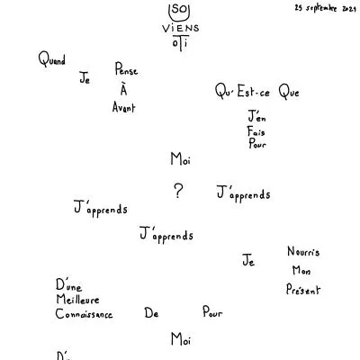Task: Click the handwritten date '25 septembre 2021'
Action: coord(325,8)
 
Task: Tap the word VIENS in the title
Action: coord(181,28)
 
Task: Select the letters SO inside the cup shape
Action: coord(179,9)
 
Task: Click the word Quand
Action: coord(52,58)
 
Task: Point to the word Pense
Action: coord(126,68)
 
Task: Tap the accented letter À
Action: coord(123,89)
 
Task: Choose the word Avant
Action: coord(124,107)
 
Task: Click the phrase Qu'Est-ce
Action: coord(242,91)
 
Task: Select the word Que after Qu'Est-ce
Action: coord(289,91)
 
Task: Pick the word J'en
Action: coord(256,116)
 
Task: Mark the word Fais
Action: coord(256,131)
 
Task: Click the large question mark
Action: coord(178,191)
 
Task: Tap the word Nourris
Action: coord(303,251)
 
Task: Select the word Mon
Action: coord(301,270)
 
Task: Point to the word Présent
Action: coord(303,289)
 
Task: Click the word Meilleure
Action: coord(77,299)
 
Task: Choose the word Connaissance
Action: coord(84,314)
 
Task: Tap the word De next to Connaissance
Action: coord(151,313)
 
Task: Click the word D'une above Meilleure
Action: coord(68,285)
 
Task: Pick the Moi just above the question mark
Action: coord(181,158)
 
